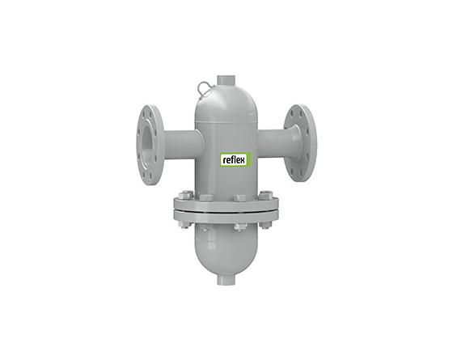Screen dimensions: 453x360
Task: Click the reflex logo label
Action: pyautogui.click(x=234, y=160)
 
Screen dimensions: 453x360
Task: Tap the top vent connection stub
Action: pyautogui.click(x=226, y=80)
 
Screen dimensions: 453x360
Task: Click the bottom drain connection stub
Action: pyautogui.click(x=226, y=279)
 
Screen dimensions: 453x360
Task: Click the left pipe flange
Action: pyautogui.click(x=150, y=145)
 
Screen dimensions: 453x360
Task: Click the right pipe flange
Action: pyautogui.click(x=301, y=143)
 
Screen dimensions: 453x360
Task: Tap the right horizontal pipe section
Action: pyautogui.click(x=273, y=142)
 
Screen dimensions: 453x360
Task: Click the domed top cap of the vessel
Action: pyautogui.click(x=226, y=104)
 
